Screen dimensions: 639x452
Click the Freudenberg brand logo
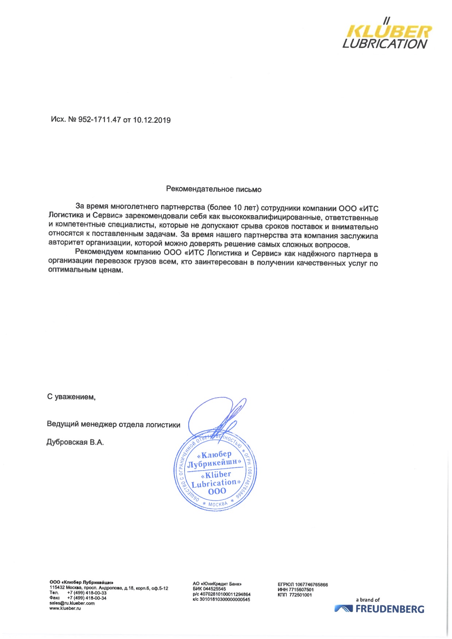pyautogui.click(x=379, y=609)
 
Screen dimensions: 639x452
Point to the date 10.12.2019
pyautogui.click(x=151, y=120)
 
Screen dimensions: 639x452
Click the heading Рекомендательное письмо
pyautogui.click(x=214, y=189)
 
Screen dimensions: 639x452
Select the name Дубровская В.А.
pyautogui.click(x=75, y=442)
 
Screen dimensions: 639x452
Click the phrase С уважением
pyautogui.click(x=71, y=397)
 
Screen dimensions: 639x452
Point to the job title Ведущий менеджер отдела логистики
pyautogui.click(x=113, y=424)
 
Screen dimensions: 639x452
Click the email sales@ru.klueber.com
pyautogui.click(x=72, y=603)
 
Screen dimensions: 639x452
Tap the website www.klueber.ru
pyautogui.click(x=65, y=608)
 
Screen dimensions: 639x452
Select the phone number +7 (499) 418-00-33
pyautogui.click(x=87, y=593)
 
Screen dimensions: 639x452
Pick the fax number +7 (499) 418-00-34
pyautogui.click(x=87, y=598)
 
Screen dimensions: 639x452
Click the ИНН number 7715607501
pyautogui.click(x=301, y=589)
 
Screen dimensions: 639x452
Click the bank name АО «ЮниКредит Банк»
pyautogui.click(x=217, y=584)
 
